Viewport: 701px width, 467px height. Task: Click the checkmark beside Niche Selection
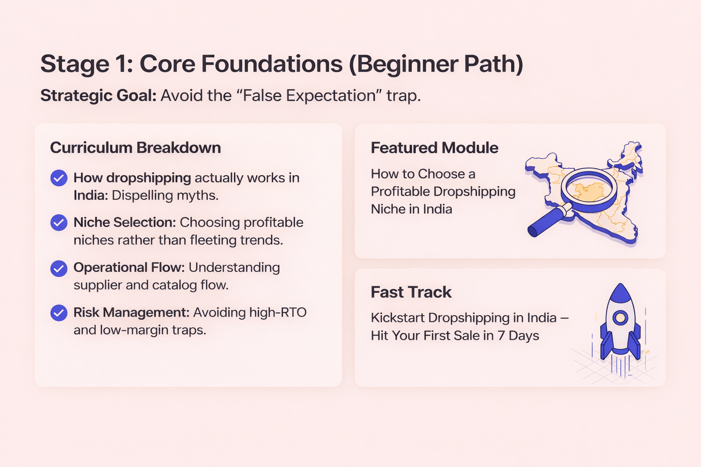(x=58, y=223)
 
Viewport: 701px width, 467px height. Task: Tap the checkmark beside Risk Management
(x=58, y=313)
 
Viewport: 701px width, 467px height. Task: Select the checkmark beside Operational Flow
(x=58, y=268)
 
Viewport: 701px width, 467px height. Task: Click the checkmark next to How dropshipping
(x=58, y=178)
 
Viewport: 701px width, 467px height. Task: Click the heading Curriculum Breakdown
(x=135, y=148)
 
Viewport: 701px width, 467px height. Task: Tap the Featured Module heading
(x=434, y=148)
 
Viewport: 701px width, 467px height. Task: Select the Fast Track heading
(x=411, y=292)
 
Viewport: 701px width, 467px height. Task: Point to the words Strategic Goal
(x=98, y=96)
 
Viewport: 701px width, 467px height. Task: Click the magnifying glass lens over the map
(x=589, y=190)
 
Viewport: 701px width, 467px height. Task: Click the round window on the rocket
(x=620, y=317)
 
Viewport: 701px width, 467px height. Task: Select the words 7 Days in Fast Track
(x=518, y=336)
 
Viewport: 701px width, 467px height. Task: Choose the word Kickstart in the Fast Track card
(x=398, y=317)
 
